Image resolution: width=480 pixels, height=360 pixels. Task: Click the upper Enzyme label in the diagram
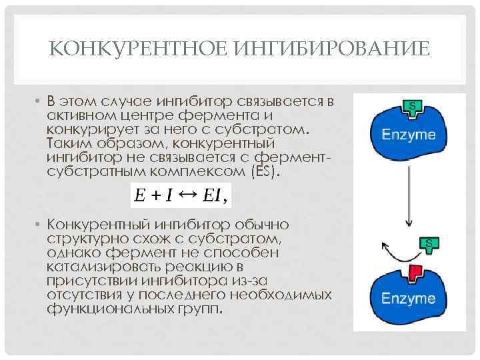click(408, 135)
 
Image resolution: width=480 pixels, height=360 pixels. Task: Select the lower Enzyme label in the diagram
click(408, 298)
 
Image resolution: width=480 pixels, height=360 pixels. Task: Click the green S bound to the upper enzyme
click(413, 107)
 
